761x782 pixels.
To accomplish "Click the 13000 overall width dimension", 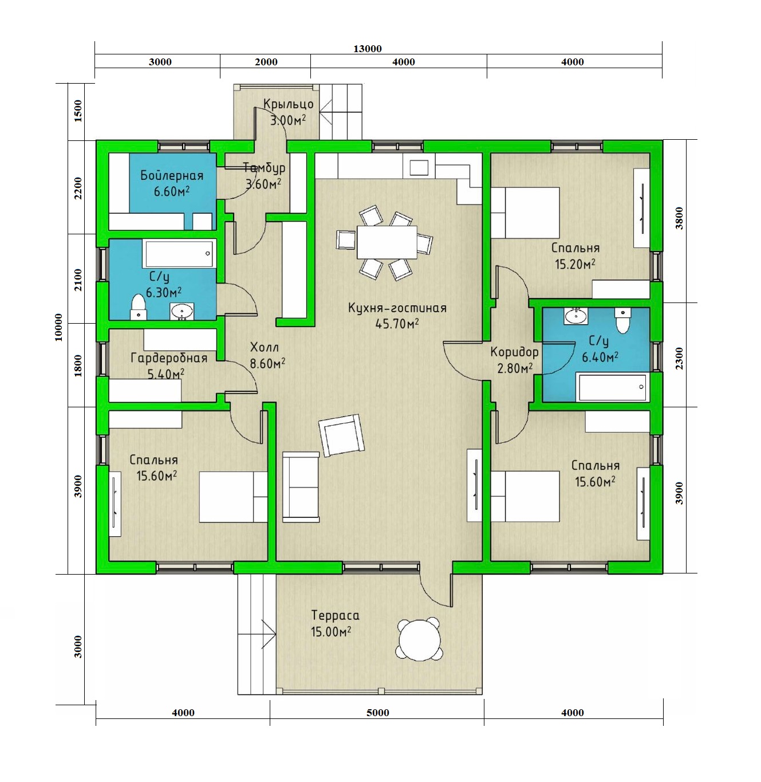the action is point(368,49).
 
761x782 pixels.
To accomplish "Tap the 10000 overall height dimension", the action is point(58,327).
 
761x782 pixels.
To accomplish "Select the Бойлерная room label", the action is point(172,176).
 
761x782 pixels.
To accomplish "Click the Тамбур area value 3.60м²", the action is point(263,184).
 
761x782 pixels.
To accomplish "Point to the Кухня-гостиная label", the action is point(397,308).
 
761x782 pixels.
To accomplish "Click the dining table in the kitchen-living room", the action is point(387,242).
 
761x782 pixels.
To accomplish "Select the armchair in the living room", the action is point(341,435).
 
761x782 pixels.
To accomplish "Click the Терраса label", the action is point(336,615).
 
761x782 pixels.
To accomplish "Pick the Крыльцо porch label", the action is point(289,104).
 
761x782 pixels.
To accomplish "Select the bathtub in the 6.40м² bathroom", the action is point(613,387).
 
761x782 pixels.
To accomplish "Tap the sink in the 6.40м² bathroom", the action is point(576,316).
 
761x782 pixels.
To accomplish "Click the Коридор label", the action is point(514,352).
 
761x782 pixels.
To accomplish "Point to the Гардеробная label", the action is point(169,358).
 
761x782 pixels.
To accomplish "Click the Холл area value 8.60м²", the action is point(267,364).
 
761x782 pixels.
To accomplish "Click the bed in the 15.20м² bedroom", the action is point(525,213).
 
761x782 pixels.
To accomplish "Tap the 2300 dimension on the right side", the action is point(679,359).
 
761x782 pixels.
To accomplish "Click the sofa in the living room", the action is point(301,486).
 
